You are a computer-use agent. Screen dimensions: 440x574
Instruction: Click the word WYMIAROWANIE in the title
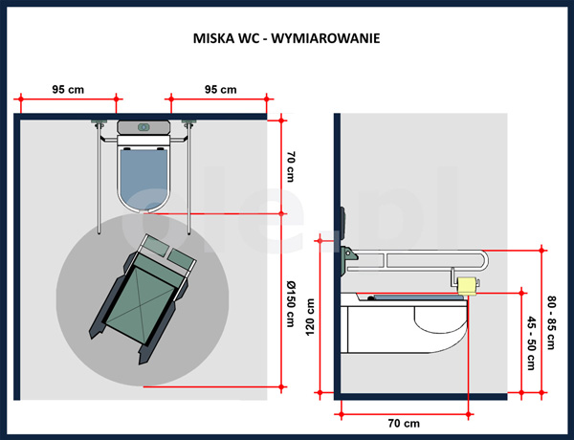click(329, 42)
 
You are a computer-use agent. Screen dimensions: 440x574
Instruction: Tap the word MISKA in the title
click(212, 42)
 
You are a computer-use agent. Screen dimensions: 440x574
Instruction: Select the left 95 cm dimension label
click(68, 89)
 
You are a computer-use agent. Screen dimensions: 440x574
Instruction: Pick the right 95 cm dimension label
click(220, 89)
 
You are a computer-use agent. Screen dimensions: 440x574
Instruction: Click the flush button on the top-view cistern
click(143, 126)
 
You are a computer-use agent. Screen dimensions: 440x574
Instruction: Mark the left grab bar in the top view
click(99, 177)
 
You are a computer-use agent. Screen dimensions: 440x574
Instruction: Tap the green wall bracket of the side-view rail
click(348, 255)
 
